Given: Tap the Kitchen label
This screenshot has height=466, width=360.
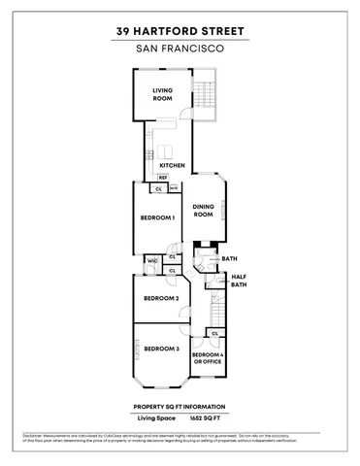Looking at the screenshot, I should pyautogui.click(x=172, y=165).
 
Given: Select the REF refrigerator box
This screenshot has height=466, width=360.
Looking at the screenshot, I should pyautogui.click(x=162, y=178).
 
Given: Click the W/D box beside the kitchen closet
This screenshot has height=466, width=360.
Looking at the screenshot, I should pyautogui.click(x=174, y=189).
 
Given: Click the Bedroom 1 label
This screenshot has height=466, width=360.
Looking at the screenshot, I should pyautogui.click(x=158, y=217).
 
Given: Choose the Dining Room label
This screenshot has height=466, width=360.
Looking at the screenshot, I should pyautogui.click(x=202, y=211).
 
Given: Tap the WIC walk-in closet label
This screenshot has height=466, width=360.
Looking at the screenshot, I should pyautogui.click(x=153, y=260).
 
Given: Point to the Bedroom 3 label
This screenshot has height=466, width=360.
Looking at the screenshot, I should pyautogui.click(x=161, y=349).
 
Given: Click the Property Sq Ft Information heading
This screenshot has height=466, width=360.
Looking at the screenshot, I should pyautogui.click(x=180, y=406).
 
